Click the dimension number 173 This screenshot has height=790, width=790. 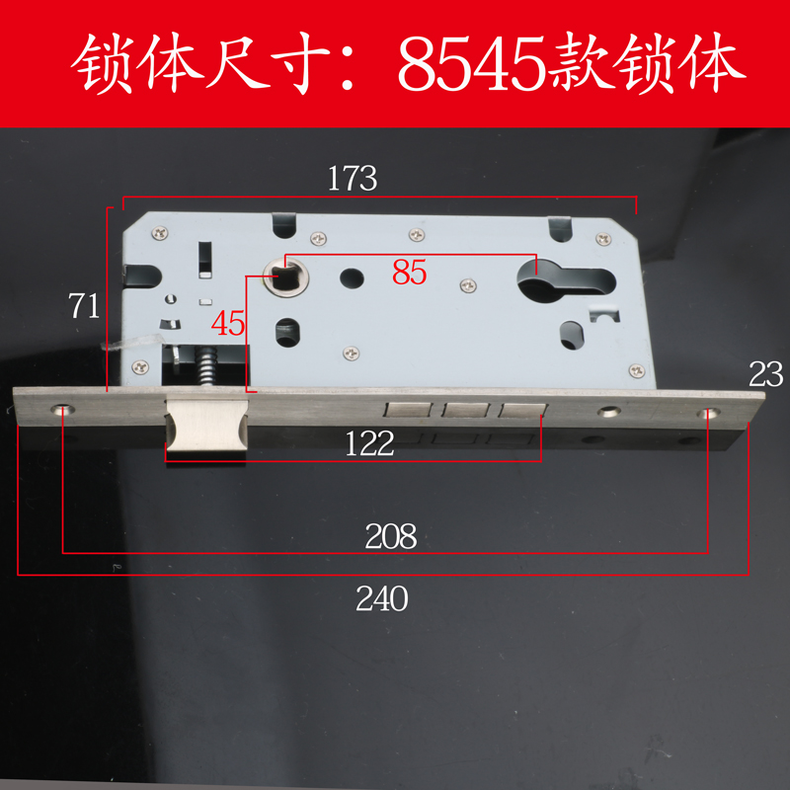[354, 179]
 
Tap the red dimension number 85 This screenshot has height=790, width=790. [409, 272]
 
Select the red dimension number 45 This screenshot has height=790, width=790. [228, 323]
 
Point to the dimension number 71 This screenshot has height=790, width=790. [83, 305]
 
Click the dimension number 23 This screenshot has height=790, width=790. [765, 374]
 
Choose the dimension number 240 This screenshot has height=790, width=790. [382, 597]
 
